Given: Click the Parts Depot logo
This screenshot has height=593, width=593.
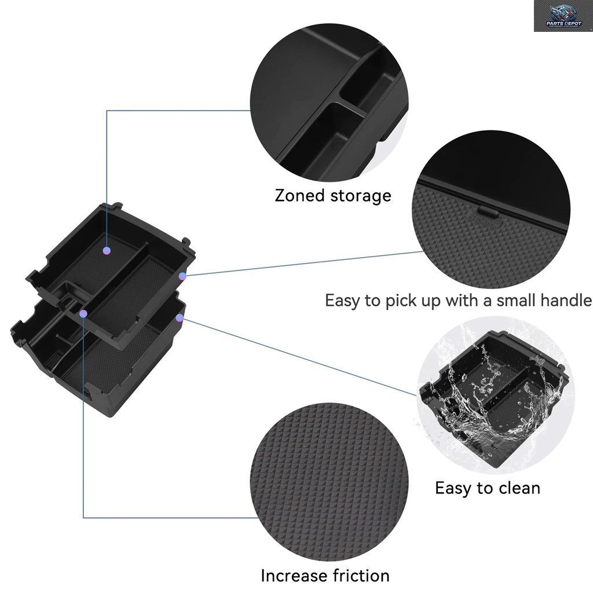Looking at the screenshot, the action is (x=563, y=16).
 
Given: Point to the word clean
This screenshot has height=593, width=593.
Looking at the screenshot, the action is (x=519, y=488).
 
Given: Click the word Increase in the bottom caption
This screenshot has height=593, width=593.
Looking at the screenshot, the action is (x=290, y=576).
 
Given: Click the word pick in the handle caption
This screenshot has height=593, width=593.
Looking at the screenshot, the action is (x=399, y=301).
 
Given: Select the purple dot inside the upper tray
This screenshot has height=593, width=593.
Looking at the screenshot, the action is (x=107, y=250).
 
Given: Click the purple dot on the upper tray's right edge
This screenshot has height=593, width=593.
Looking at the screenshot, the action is (x=182, y=276).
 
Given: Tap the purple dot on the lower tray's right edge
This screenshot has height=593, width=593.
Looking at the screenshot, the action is (x=180, y=318).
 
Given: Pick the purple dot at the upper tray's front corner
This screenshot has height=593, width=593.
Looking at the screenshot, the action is (x=83, y=313).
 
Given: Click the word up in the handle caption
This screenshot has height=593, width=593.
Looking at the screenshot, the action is (x=429, y=302).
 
